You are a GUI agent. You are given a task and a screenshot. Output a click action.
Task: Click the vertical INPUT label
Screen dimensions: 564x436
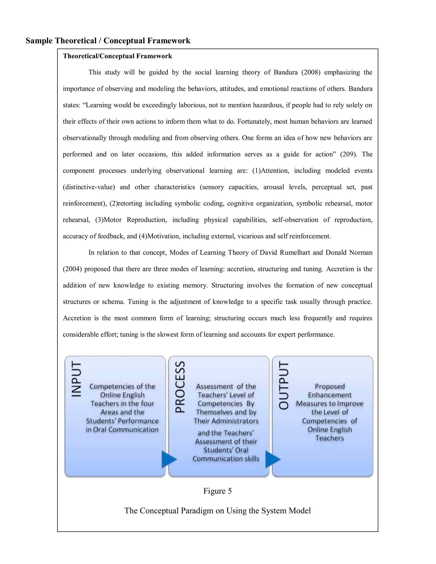pos(76,379)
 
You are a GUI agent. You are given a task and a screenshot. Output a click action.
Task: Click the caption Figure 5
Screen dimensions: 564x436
pos(218,491)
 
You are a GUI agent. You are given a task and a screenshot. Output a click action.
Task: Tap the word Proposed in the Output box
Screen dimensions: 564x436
pos(330,386)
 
